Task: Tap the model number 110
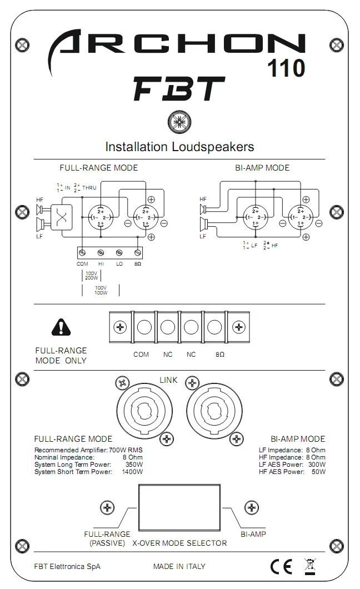click(x=286, y=68)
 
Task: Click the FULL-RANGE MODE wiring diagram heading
click(x=99, y=168)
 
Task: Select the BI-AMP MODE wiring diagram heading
click(x=262, y=168)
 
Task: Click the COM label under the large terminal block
click(x=141, y=355)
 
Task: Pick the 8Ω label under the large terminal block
click(x=221, y=355)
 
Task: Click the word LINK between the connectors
click(x=168, y=380)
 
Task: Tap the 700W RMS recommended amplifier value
click(x=126, y=449)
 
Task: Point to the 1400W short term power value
click(x=132, y=472)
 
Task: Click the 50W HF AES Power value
click(x=318, y=472)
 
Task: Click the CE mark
click(x=281, y=566)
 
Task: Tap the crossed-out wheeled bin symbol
click(x=309, y=566)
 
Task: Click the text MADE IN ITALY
click(x=179, y=566)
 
